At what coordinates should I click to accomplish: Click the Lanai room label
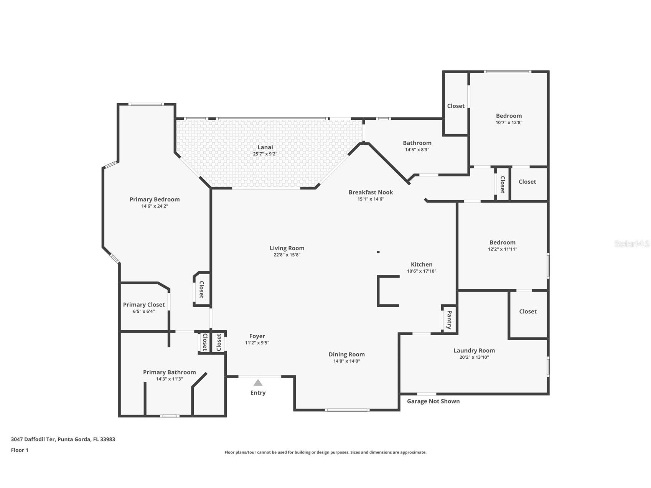coord(265,147)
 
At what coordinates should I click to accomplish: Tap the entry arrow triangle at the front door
coord(258,382)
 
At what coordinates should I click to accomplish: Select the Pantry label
coord(449,320)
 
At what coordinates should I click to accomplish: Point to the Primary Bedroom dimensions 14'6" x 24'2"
coord(155,206)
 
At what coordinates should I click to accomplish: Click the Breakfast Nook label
coord(371,192)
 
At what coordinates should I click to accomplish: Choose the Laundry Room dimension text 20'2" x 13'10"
coord(474,357)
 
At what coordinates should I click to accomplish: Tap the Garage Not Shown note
coord(433,401)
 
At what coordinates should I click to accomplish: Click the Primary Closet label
coord(144,305)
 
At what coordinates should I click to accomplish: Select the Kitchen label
coord(422,264)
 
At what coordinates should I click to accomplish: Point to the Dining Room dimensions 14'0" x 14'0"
coord(346,361)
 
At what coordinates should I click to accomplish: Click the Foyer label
coord(257,336)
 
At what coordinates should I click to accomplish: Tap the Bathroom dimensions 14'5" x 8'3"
coord(417,150)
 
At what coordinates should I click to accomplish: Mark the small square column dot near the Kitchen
coord(378,252)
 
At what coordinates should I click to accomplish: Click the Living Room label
coord(287,248)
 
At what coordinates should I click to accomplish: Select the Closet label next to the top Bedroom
coord(456,106)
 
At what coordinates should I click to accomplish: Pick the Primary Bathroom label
coord(169,372)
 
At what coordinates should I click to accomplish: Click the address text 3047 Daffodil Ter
coord(33,439)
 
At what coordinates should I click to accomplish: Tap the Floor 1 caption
coord(20,450)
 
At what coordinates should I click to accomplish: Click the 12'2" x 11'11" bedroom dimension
coord(503,249)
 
